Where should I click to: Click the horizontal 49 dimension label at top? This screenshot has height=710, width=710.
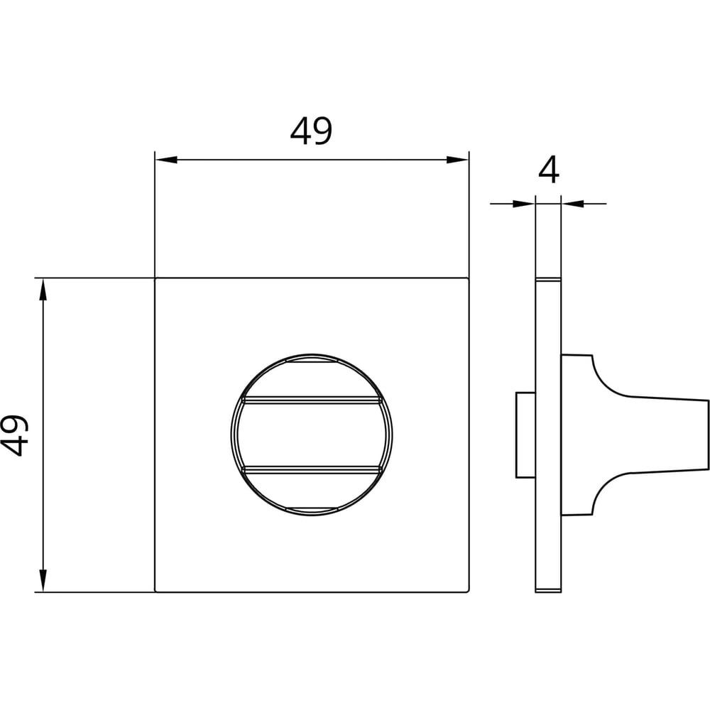click(311, 131)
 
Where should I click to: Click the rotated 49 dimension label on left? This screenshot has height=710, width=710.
click(14, 435)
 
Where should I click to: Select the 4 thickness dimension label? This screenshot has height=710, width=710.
click(549, 170)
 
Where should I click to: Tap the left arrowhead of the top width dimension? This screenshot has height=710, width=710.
click(166, 160)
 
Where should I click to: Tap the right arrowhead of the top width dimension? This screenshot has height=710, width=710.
click(457, 160)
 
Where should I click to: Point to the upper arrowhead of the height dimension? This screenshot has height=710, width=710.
click(43, 290)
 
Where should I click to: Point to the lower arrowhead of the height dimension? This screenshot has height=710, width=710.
click(43, 581)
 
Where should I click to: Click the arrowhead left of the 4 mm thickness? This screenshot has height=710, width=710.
click(525, 204)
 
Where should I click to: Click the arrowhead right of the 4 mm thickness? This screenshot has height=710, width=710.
click(572, 204)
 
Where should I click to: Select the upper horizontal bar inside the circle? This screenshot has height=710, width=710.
click(312, 400)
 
